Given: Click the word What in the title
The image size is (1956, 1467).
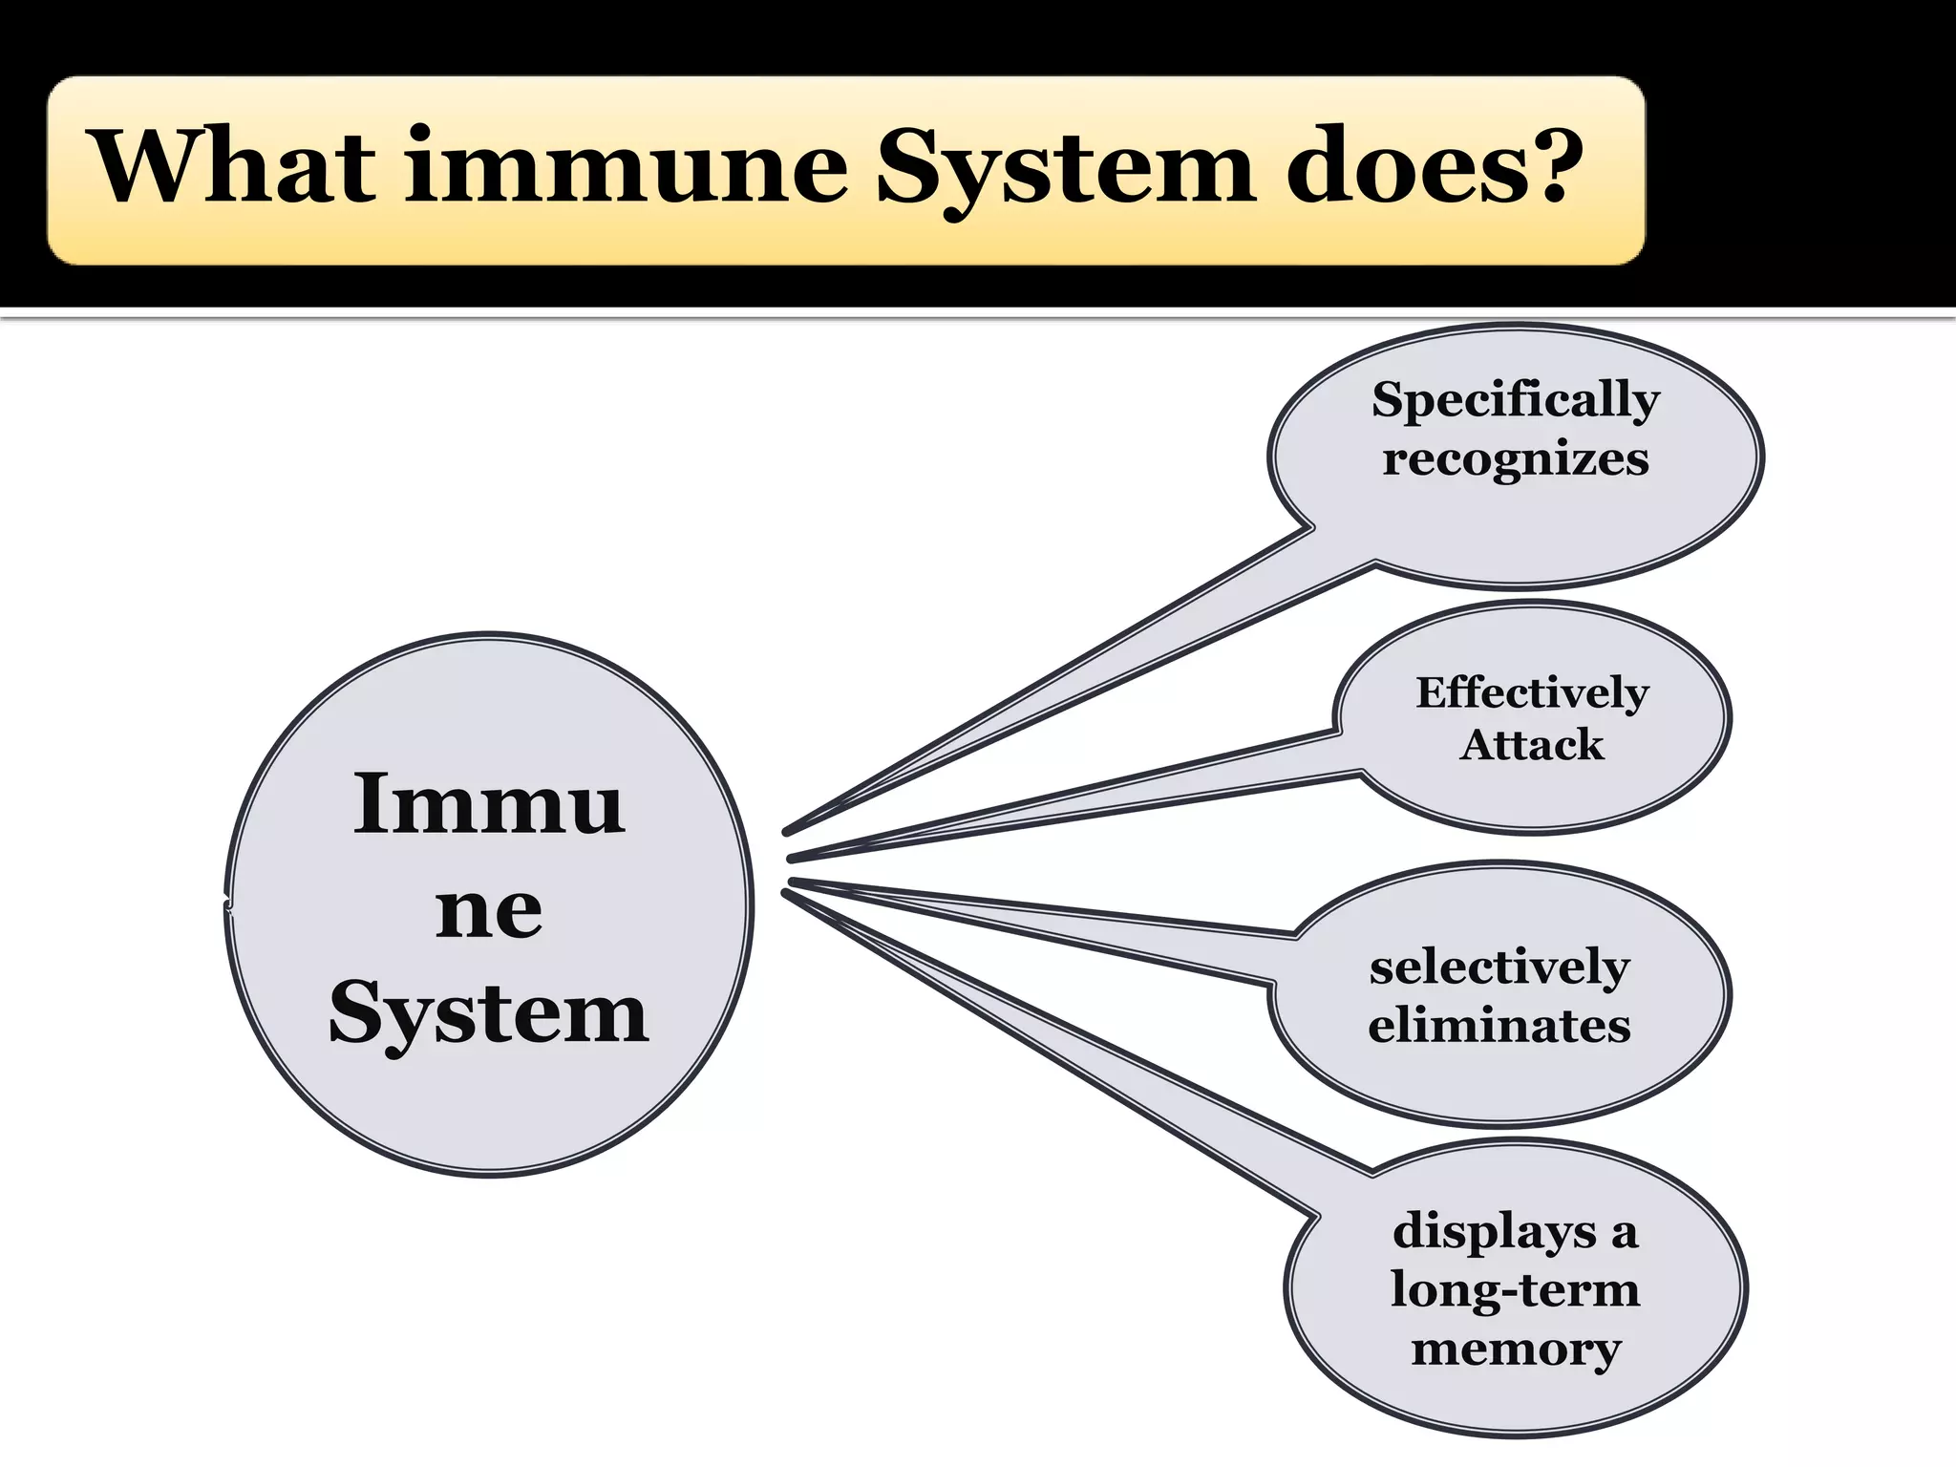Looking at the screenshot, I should [x=234, y=166].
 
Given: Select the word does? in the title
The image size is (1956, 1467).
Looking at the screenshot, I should [x=1427, y=166].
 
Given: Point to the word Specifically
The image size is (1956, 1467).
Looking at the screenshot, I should [x=1516, y=400].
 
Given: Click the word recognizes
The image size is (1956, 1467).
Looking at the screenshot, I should [x=1516, y=459].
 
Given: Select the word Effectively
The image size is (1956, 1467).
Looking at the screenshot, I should [x=1532, y=692].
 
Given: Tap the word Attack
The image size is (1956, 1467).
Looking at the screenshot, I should [x=1532, y=745].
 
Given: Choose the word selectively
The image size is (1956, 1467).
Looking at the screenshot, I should [x=1499, y=967].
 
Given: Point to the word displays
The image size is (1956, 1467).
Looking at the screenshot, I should [x=1495, y=1231].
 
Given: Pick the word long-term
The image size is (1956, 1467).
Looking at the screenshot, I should [x=1515, y=1290].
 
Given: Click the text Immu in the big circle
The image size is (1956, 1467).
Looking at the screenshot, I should [x=489, y=804].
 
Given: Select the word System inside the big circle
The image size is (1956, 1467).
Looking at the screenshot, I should [x=489, y=1014].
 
